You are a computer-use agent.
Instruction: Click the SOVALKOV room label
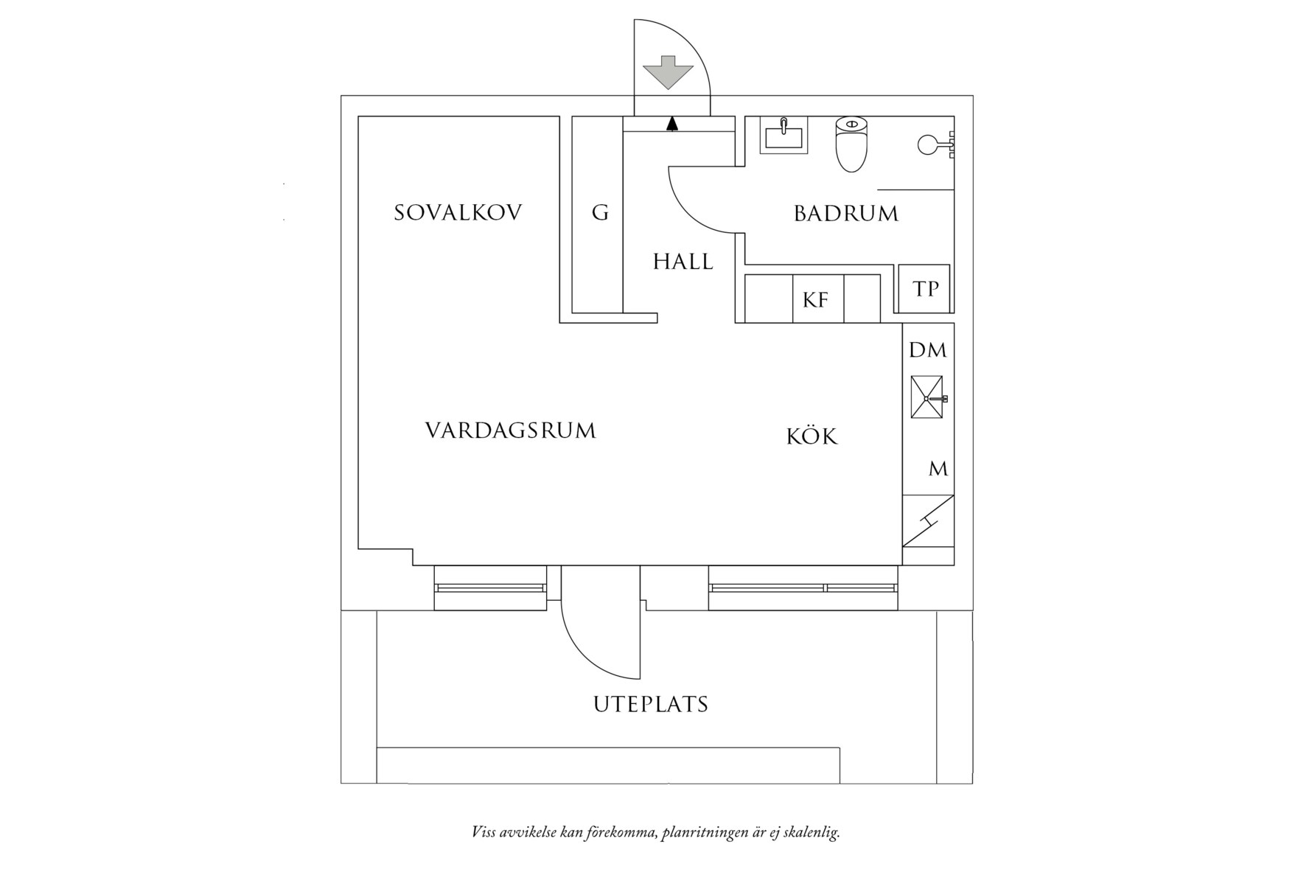tap(458, 213)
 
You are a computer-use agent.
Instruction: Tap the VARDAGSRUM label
tap(510, 430)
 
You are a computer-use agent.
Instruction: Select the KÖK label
tap(812, 436)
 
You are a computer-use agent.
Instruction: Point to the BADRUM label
tap(846, 214)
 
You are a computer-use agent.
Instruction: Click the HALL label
tap(683, 262)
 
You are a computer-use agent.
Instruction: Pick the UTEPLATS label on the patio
tap(651, 705)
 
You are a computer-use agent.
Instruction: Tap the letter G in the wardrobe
tap(600, 213)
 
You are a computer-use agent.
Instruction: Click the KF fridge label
tap(816, 300)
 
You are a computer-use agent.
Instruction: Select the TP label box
tap(926, 289)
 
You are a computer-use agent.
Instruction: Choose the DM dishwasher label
tap(927, 350)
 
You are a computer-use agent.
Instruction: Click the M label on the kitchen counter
tap(938, 469)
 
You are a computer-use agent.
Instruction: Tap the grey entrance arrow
tap(669, 72)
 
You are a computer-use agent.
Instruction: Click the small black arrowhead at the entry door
tap(671, 124)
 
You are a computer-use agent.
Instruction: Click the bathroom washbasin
tap(784, 136)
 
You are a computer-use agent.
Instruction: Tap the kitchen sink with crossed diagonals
tap(927, 397)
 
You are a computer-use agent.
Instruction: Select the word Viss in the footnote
tap(484, 833)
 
